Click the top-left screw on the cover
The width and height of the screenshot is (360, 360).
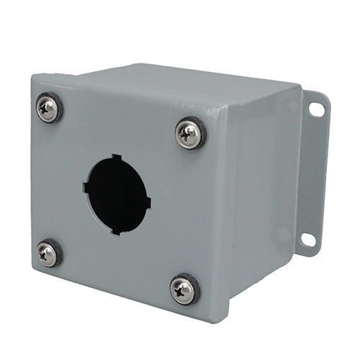[x=48, y=109]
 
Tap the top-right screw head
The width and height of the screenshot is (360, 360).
[x=190, y=134]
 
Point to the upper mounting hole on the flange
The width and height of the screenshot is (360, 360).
[x=316, y=109]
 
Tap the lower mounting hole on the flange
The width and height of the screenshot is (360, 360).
[x=308, y=239]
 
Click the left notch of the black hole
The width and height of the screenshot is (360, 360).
[x=86, y=187]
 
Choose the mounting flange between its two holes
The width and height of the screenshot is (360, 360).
[x=314, y=173]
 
